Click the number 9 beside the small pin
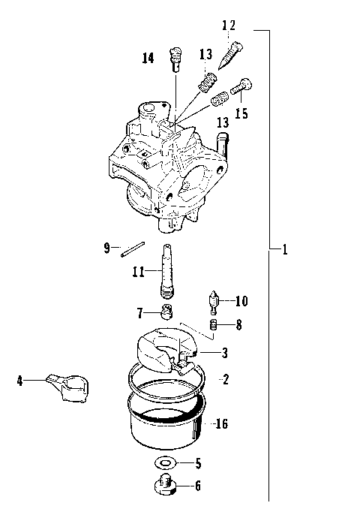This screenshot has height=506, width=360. [x=106, y=246]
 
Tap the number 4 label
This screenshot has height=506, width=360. [x=20, y=381]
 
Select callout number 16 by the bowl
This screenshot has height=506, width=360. [x=221, y=424]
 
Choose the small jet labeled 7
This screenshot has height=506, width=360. [x=168, y=311]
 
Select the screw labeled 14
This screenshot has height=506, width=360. [x=177, y=56]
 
